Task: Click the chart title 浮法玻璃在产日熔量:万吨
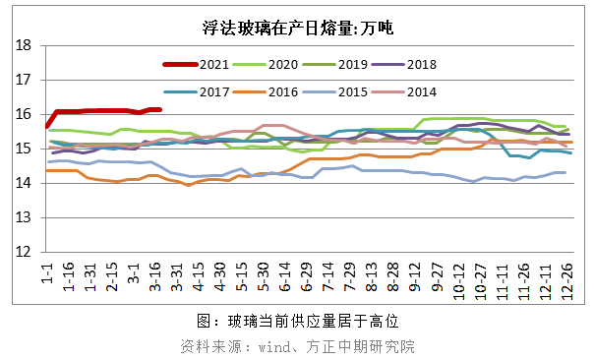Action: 297,28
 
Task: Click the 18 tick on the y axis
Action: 26,45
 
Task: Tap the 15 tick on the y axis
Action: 26,149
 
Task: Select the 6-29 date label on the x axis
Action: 307,276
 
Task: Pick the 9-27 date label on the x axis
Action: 437,276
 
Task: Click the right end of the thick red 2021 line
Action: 158,109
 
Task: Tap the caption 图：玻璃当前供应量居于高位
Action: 297,322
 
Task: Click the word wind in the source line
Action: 276,346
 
